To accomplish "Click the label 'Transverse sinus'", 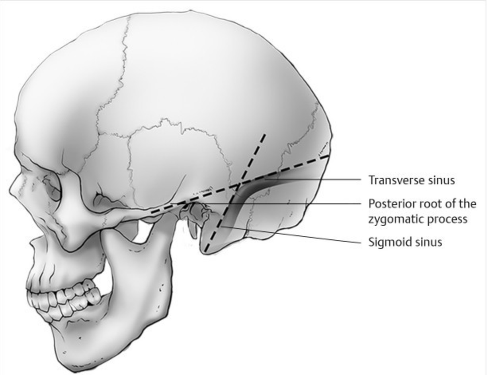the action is (x=411, y=180).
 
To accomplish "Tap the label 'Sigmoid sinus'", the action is (x=405, y=242).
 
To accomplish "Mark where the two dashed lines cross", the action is (x=240, y=184).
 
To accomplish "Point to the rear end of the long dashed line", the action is (x=329, y=156).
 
